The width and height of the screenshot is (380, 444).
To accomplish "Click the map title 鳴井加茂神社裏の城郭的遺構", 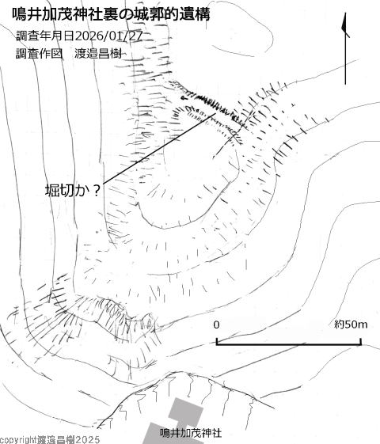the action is tap(111, 14).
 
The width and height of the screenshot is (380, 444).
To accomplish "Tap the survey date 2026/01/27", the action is tap(108, 36).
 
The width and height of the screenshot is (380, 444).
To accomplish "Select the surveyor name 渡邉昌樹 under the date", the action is tap(98, 53).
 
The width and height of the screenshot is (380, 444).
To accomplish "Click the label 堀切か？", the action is tap(73, 191).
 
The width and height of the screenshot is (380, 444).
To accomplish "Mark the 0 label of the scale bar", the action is tap(216, 324).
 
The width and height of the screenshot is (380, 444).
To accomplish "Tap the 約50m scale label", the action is tap(351, 324).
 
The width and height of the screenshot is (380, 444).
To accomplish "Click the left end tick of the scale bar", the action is tap(217, 341).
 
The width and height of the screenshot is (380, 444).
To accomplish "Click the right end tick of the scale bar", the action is tap(361, 341).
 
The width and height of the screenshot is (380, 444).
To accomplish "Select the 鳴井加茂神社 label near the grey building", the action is tap(191, 433).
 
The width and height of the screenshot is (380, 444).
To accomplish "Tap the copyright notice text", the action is tap(50, 440).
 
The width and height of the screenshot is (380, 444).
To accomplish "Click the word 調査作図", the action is tap(39, 53).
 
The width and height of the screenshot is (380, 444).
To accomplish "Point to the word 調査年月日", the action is tap(45, 36).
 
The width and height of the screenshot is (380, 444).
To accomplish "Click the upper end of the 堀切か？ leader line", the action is tap(215, 113).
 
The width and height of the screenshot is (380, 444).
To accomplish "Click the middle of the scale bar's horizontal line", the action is tap(289, 344).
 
